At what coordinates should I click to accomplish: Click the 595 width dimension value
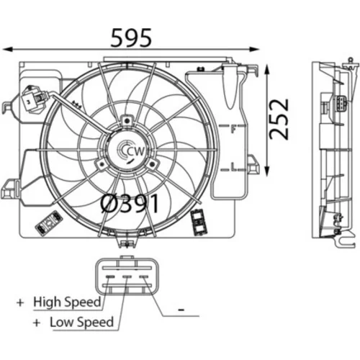(x=131, y=37)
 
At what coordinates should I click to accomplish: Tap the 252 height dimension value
(x=279, y=120)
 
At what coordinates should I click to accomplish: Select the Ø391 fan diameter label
(x=130, y=204)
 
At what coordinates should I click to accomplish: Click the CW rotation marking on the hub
(x=136, y=152)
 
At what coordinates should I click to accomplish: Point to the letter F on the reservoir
(x=233, y=130)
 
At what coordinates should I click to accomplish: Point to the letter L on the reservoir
(x=233, y=166)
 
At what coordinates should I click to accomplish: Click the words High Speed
(x=67, y=302)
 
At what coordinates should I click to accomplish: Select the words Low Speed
(x=81, y=323)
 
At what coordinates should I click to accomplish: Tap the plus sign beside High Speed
(x=20, y=302)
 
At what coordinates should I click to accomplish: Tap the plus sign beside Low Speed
(x=37, y=323)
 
